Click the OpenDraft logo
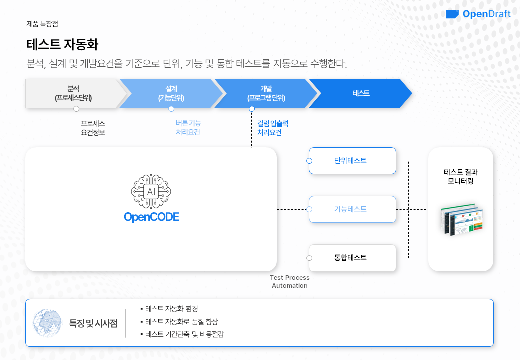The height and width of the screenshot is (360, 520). [478, 14]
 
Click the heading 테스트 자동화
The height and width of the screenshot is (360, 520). [62, 45]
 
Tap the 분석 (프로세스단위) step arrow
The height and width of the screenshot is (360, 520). [73, 93]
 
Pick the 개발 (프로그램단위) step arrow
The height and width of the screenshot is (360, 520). [266, 93]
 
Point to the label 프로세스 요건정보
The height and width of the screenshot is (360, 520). [93, 128]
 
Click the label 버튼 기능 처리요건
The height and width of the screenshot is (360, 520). [188, 128]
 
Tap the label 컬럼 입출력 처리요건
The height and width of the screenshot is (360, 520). [272, 128]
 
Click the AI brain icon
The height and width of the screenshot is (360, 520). [151, 192]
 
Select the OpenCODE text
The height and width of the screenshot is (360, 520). [151, 217]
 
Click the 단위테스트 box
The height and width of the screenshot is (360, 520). [352, 161]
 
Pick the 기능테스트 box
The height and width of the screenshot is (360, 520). [352, 209]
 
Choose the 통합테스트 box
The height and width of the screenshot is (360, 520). [352, 258]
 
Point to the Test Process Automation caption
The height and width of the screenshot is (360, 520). [290, 281]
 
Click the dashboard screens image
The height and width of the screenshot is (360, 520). [462, 219]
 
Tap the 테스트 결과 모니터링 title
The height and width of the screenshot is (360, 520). [461, 177]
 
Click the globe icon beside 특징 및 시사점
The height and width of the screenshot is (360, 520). [47, 322]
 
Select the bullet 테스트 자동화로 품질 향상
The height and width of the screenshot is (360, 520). [181, 322]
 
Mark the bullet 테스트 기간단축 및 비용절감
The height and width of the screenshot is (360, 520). [184, 334]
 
